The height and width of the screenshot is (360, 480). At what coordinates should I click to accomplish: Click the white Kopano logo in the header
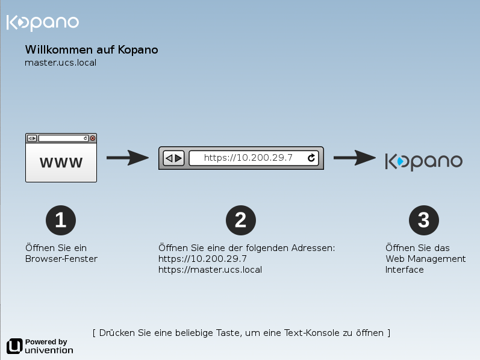tap(43, 23)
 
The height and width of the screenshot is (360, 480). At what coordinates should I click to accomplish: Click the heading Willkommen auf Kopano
tap(92, 49)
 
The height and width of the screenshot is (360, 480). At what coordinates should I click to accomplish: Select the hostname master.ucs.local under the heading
tap(61, 63)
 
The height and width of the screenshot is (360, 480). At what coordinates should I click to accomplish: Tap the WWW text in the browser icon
tap(61, 163)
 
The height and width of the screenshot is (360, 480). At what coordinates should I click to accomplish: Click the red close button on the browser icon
tap(93, 138)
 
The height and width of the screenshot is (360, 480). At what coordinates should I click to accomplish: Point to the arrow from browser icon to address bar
tap(128, 158)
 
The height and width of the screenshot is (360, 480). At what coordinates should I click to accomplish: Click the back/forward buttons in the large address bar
tap(173, 158)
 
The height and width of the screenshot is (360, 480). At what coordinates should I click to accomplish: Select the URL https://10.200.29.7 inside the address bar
tap(248, 158)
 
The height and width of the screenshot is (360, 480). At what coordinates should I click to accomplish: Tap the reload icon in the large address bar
tap(311, 158)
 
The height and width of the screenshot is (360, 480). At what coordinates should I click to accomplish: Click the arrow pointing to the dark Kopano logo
tap(355, 158)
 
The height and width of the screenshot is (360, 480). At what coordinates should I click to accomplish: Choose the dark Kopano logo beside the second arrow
tap(423, 161)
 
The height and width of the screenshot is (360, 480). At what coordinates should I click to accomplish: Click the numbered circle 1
tap(61, 220)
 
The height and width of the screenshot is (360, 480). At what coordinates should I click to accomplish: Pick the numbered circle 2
tap(241, 220)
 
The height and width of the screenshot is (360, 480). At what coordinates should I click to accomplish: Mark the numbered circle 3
tap(423, 220)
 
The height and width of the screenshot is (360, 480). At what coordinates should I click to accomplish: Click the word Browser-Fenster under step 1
tap(61, 259)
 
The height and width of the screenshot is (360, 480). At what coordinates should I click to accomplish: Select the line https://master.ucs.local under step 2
tap(210, 270)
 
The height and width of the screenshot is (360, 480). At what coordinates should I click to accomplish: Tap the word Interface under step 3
tap(404, 270)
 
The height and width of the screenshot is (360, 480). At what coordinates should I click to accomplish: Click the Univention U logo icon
tap(14, 346)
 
